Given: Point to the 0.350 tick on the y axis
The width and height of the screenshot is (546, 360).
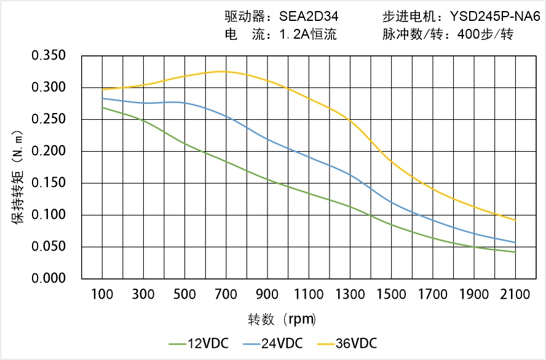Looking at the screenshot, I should (x=49, y=56).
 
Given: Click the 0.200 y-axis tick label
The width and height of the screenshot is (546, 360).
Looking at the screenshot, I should (x=49, y=151).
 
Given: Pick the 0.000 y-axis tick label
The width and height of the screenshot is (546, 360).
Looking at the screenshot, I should (x=49, y=279).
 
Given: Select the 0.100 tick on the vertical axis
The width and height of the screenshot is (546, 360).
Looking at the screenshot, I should (x=49, y=215).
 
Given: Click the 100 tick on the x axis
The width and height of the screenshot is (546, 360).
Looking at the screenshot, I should (x=102, y=295).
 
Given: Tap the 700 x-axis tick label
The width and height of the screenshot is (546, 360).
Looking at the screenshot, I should (x=226, y=295).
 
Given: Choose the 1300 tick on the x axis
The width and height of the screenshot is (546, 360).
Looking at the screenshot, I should (x=350, y=295).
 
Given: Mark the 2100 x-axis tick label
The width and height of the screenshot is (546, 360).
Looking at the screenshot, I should (x=515, y=295).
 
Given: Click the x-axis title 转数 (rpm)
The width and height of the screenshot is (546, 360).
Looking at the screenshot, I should (x=282, y=319).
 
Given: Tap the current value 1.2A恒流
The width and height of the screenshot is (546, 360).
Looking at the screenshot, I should (x=308, y=34).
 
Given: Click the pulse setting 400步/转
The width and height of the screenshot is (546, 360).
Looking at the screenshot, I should (x=485, y=34).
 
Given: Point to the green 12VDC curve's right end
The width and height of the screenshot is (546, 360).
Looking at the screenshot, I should (x=515, y=252).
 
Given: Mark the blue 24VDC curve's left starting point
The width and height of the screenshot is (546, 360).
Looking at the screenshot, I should (x=102, y=98).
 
